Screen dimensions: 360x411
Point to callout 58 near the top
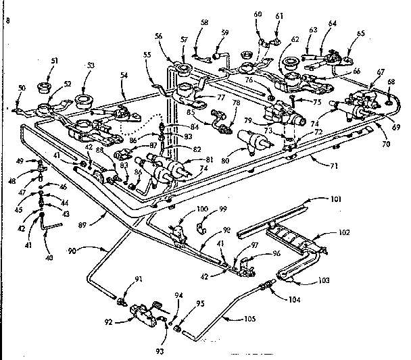click(x=203, y=22)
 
